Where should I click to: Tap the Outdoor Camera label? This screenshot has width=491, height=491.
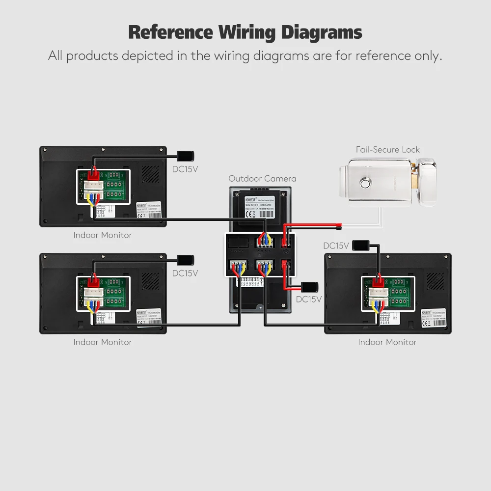262,179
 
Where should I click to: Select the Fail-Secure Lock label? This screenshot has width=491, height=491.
388,150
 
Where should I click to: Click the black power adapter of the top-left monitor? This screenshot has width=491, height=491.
186,156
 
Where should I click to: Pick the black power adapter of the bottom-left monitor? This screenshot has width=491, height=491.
186,260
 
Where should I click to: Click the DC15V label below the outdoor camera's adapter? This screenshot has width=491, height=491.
309,299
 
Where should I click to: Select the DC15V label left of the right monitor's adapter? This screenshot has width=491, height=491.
336,245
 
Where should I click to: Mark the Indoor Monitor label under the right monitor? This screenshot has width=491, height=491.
387,342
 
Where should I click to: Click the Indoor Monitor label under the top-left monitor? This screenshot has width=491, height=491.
103,235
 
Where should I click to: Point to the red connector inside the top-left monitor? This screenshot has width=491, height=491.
93,174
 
